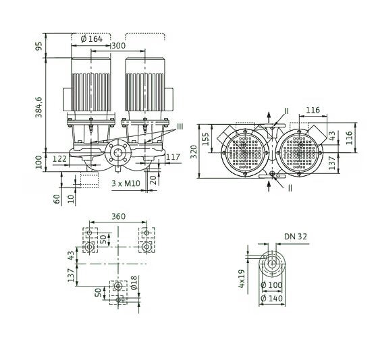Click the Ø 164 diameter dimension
92,38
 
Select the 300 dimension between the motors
117,46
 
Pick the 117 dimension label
172,157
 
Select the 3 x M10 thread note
126,183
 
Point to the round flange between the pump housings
117,154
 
